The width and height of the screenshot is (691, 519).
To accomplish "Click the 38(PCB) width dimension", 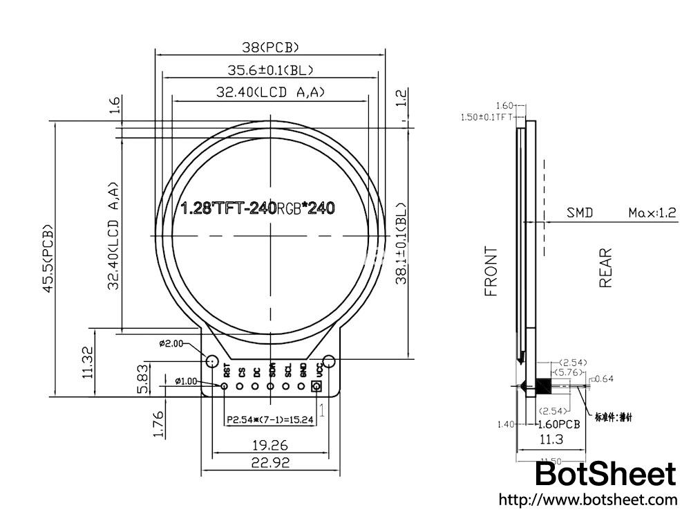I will [270, 47].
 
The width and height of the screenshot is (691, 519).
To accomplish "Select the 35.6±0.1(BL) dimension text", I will [270, 69].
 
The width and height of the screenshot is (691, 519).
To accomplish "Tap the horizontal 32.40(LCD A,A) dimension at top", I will [270, 92].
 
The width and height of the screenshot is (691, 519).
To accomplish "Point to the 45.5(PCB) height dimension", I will [48, 258].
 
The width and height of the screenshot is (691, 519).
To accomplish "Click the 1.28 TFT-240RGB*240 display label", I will [258, 208].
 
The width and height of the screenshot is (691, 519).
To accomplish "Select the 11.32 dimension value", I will [87, 363].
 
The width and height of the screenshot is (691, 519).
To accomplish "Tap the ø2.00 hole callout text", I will [171, 343].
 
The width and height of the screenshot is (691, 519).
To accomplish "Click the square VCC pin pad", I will [318, 386].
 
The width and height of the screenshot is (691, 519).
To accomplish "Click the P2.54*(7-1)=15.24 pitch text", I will [270, 419].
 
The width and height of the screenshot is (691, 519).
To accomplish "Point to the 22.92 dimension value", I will [270, 462].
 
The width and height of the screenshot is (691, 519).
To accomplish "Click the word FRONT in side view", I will [491, 271].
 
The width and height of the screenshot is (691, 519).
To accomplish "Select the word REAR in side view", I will [606, 268].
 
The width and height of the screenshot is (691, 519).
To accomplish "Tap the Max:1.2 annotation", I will [652, 212].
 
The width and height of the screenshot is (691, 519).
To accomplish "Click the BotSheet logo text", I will [606, 475].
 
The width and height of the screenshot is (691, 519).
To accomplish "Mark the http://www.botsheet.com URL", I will [587, 500].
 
